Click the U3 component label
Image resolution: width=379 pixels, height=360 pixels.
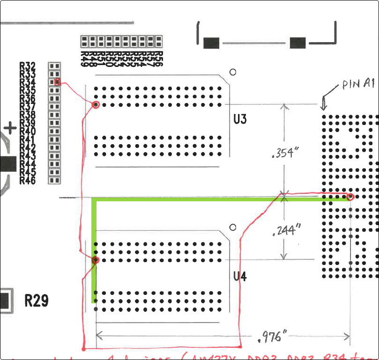point(240,119)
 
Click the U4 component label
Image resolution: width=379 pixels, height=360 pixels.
point(240,277)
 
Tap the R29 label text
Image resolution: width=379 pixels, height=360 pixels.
point(36,301)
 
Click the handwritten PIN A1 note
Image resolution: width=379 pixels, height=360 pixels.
point(357,84)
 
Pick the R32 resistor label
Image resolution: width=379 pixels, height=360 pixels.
point(28,66)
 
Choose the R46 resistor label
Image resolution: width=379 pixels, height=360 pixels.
point(28,180)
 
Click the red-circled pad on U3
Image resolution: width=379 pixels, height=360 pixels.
point(96,104)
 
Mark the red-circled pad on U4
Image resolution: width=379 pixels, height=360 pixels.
point(96,260)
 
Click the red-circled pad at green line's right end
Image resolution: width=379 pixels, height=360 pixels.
point(350,197)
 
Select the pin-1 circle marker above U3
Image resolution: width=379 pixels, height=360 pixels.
point(232,72)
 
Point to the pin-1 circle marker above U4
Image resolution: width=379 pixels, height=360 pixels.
point(232,228)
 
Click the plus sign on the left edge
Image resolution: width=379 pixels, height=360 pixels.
point(10,127)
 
